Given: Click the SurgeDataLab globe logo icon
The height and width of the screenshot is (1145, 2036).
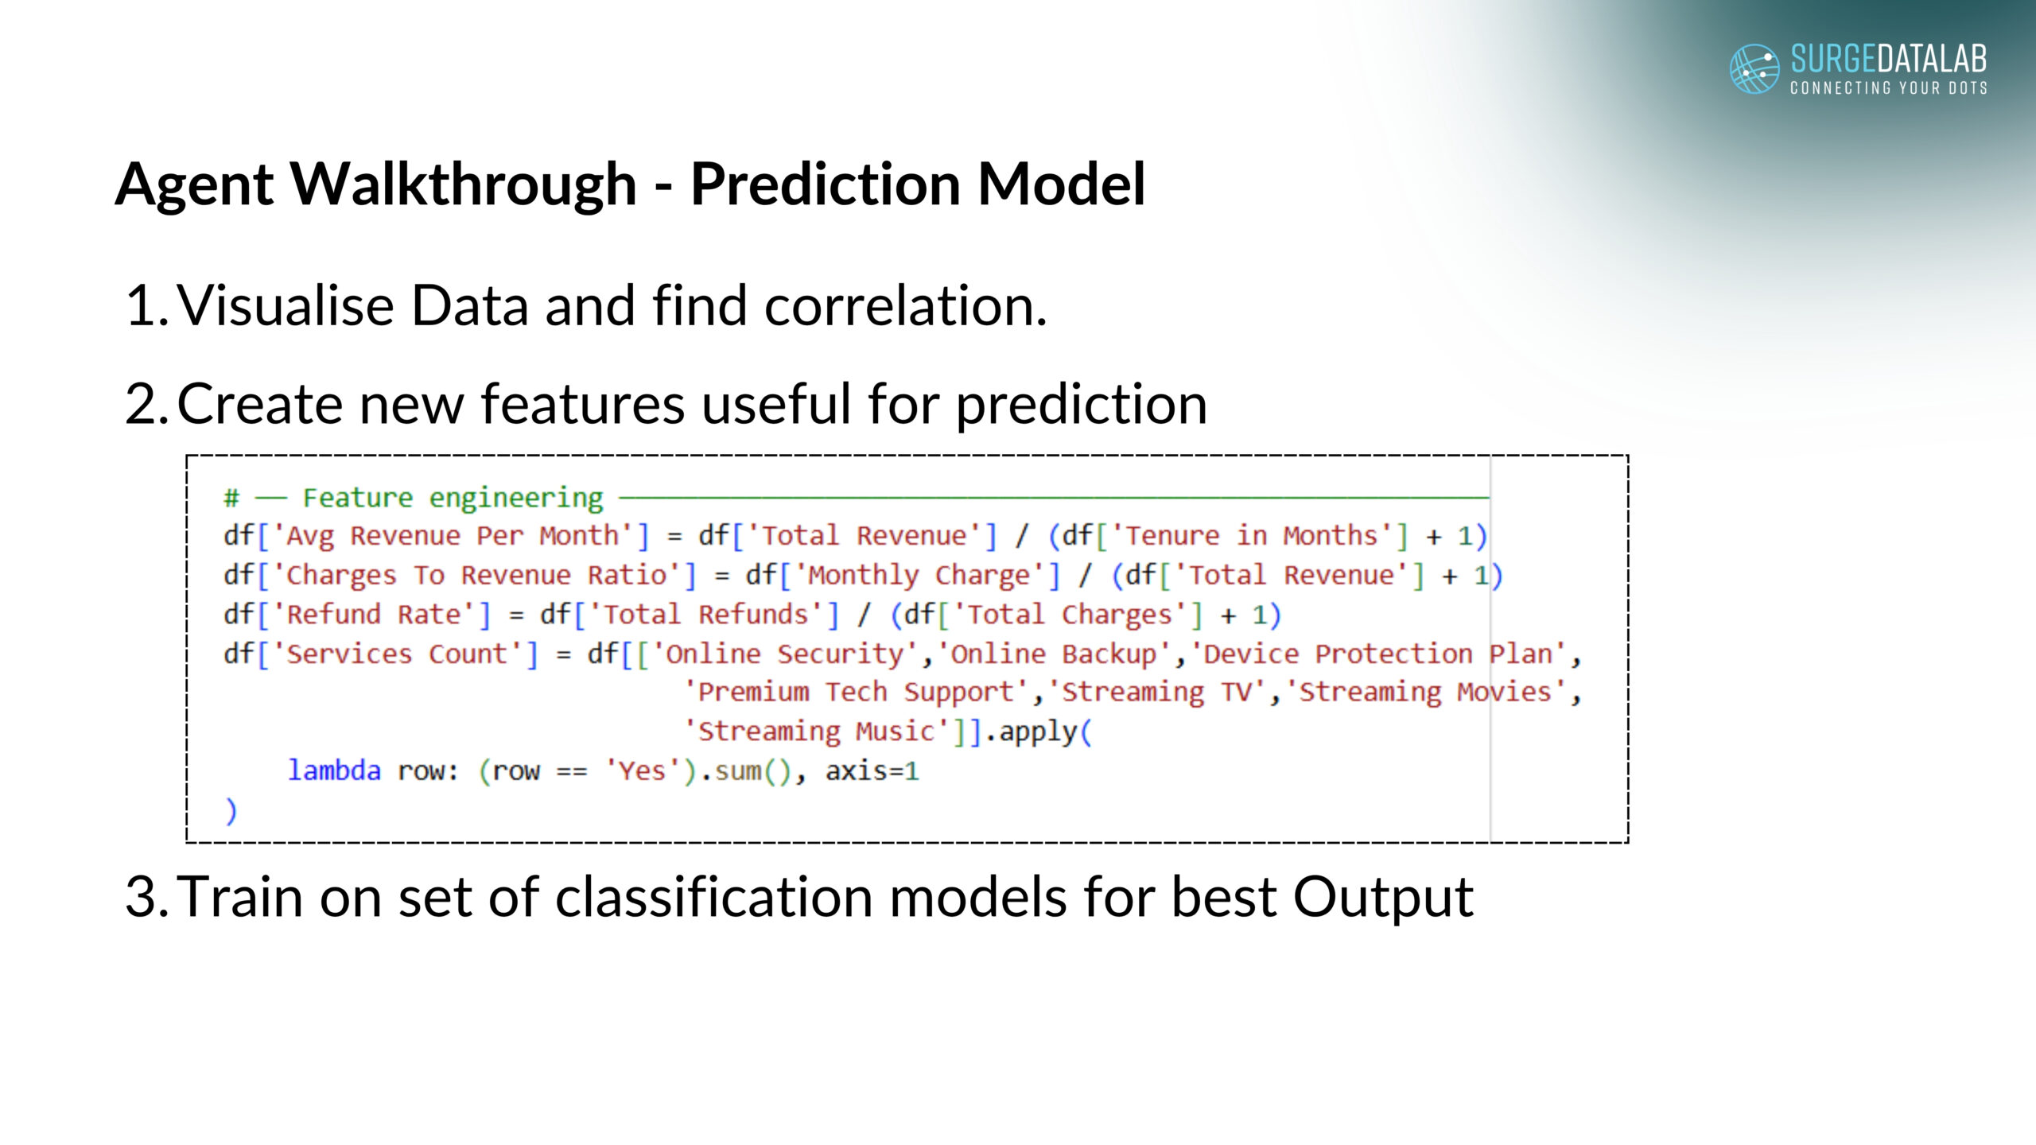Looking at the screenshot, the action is pos(1754,68).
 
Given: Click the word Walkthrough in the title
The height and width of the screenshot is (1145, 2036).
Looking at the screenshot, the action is pos(463,184).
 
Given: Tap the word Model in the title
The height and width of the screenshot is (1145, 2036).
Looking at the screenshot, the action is pos(1061,184).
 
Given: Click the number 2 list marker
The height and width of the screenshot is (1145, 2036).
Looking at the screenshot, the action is pos(146,404).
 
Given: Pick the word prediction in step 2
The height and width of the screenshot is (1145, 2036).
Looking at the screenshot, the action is pos(1082,406).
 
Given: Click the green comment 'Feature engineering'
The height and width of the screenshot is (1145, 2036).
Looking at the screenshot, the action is pos(453,499).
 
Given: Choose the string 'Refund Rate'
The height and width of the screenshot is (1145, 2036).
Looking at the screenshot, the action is pos(375,615).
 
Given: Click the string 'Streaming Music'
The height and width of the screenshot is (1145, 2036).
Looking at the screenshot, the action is pos(817,732).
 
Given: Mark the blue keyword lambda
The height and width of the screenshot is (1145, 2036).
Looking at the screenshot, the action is pos(334,770).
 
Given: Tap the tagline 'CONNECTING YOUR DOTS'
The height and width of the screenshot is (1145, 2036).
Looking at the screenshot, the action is pos(1889,87).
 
